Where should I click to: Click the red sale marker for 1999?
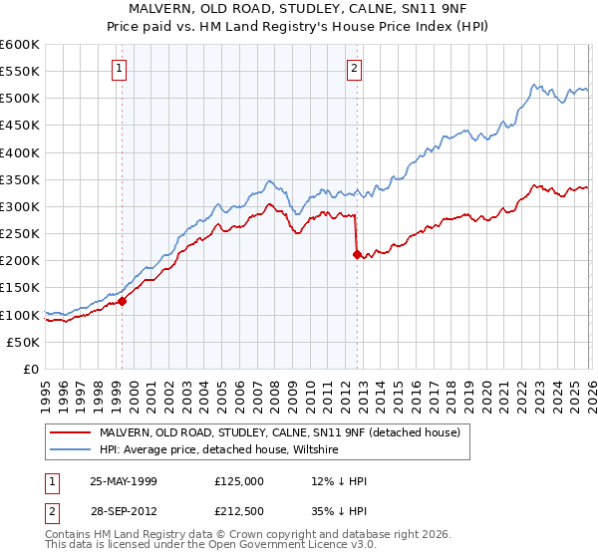click(123, 301)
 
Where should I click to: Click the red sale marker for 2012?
click(357, 254)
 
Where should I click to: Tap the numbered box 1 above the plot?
click(119, 69)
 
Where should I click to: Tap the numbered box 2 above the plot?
click(354, 69)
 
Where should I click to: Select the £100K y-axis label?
click(22, 315)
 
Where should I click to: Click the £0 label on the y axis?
click(32, 370)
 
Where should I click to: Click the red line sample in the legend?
click(71, 432)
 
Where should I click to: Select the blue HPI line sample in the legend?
click(71, 450)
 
